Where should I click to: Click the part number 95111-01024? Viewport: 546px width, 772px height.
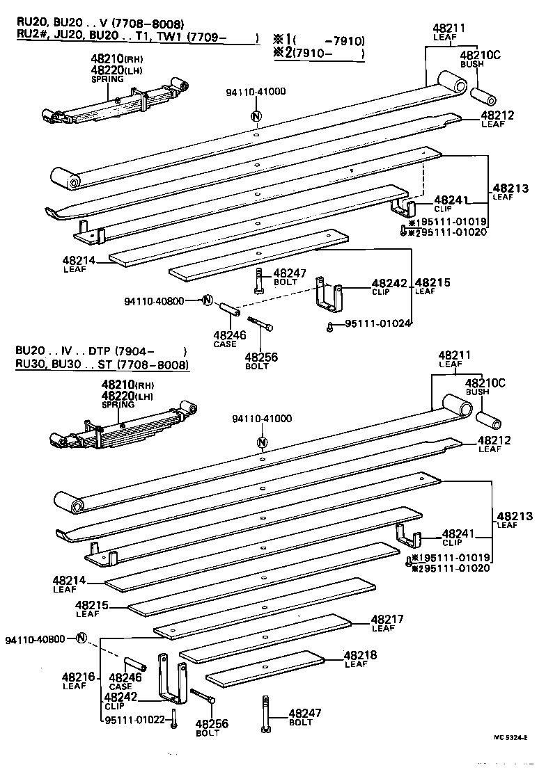coord(377,323)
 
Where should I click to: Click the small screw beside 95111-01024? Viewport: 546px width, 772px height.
coord(329,324)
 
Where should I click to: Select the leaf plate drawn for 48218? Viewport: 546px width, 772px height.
coord(265,666)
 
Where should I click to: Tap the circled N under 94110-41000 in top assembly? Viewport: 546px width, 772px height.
coord(256,116)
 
